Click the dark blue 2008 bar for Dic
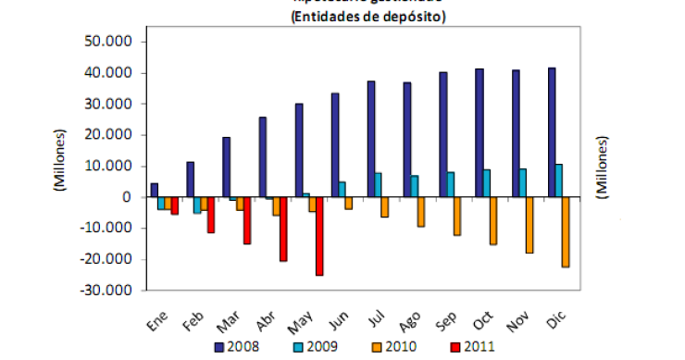click(552, 132)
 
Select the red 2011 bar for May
click(319, 236)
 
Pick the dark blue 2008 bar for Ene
click(154, 190)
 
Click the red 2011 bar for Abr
click(283, 229)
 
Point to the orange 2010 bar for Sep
click(456, 217)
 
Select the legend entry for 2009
click(312, 346)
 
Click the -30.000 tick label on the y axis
click(111, 290)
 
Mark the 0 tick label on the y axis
click(131, 197)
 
